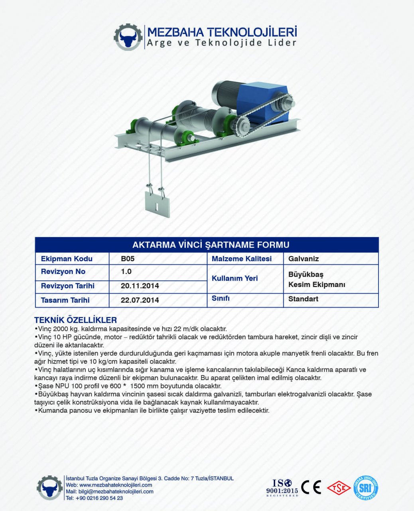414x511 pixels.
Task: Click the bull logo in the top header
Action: click(x=128, y=37)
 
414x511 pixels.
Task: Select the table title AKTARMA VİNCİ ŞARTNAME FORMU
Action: click(x=211, y=245)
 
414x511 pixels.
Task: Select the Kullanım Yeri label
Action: click(x=235, y=278)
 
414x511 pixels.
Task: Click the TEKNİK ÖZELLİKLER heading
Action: click(x=75, y=320)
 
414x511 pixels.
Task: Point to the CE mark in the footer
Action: click(x=311, y=487)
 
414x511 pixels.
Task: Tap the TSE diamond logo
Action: click(x=339, y=487)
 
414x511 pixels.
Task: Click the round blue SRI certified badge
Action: click(x=365, y=487)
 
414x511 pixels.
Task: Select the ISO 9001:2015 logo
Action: click(x=282, y=488)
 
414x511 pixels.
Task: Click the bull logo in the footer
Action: click(x=49, y=488)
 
